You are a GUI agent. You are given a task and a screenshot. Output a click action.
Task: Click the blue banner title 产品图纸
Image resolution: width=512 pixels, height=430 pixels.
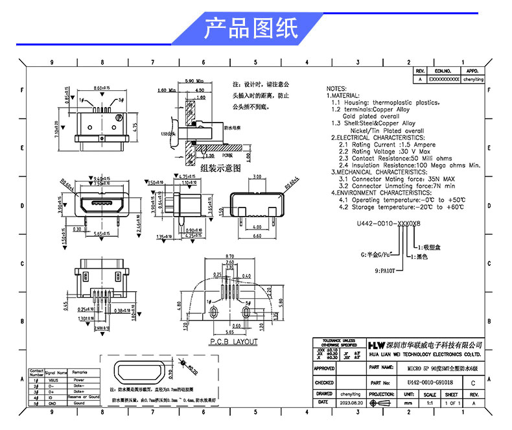(251, 28)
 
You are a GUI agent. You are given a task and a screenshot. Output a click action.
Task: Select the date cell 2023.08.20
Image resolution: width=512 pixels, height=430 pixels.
(351, 403)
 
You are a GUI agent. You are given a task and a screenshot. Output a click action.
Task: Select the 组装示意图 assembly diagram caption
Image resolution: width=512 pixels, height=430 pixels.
(220, 167)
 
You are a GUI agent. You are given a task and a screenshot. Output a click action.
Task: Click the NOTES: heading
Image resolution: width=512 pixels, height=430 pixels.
(337, 88)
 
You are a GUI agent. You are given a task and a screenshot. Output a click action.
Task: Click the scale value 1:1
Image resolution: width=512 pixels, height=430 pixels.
(430, 403)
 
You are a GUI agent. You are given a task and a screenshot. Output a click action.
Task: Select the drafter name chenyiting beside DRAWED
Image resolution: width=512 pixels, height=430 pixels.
(351, 394)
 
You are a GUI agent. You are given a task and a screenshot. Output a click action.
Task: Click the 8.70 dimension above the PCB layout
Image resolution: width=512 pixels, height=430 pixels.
(229, 257)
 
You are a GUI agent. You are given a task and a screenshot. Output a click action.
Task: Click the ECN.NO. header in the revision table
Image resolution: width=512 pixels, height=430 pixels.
(443, 70)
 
